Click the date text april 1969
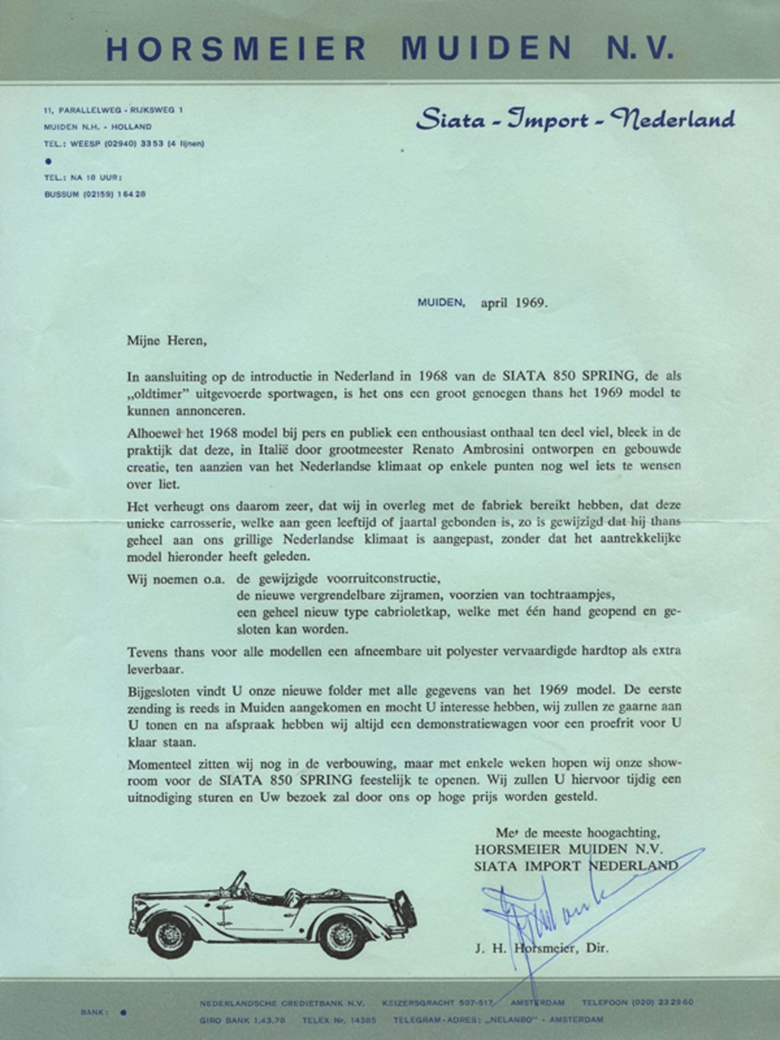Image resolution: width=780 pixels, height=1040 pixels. click(x=514, y=303)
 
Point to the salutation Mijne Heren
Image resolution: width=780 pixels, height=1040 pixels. click(x=166, y=341)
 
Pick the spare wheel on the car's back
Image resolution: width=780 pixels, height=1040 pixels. click(x=405, y=908)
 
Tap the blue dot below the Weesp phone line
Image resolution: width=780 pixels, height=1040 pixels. click(x=48, y=161)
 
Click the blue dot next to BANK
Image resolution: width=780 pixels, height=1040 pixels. click(x=123, y=1013)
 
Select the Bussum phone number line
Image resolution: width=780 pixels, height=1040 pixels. click(x=94, y=194)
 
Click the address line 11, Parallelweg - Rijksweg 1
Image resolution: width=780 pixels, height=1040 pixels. click(x=113, y=110)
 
